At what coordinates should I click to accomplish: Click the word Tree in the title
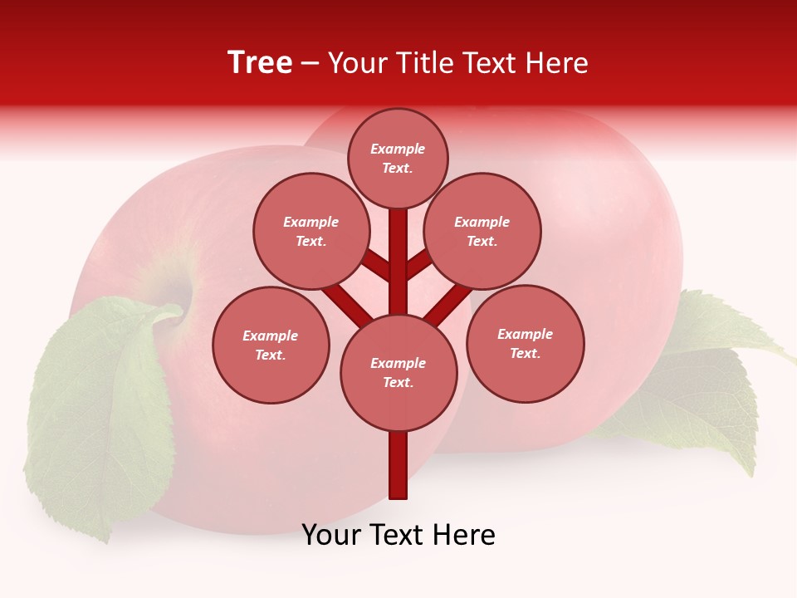click(260, 63)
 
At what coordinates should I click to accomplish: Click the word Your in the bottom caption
click(330, 536)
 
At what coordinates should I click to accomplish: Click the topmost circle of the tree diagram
click(398, 158)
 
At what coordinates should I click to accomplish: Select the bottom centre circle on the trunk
click(398, 373)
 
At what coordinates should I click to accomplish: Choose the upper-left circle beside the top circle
click(311, 232)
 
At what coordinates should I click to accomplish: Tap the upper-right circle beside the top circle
click(482, 232)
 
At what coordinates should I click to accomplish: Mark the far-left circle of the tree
click(271, 346)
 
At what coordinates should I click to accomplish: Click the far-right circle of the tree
click(526, 344)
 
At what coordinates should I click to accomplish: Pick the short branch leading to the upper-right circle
click(418, 264)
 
